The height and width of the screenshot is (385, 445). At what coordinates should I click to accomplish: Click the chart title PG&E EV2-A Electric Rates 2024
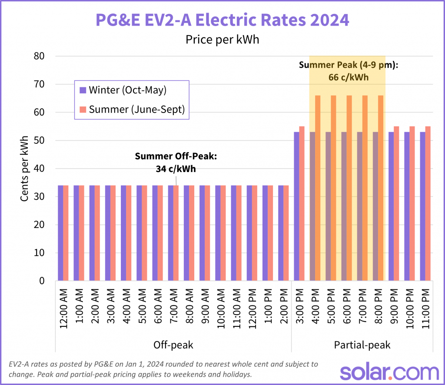[222, 20]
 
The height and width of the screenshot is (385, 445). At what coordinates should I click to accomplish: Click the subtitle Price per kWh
[222, 40]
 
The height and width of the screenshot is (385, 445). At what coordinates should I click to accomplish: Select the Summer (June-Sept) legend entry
[132, 110]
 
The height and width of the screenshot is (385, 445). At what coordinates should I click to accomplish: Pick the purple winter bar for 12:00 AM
[61, 233]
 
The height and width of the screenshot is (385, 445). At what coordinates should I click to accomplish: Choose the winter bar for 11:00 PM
[422, 206]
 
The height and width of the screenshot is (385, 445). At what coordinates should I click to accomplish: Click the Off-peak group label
[173, 345]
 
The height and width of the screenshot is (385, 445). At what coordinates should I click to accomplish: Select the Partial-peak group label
[362, 345]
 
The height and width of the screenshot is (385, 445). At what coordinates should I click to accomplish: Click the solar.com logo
[389, 372]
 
